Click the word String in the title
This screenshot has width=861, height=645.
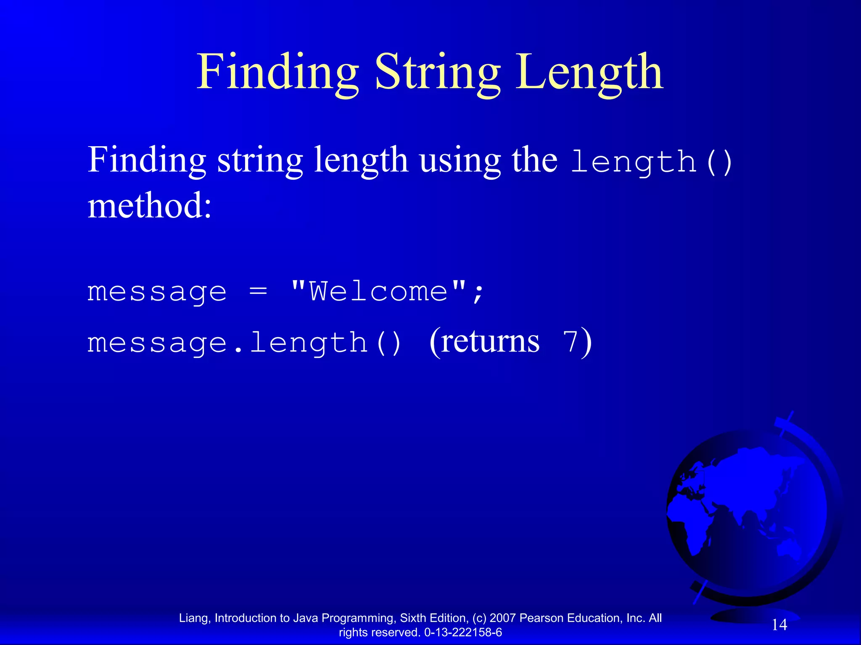click(x=437, y=72)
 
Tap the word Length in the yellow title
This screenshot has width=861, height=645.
click(x=589, y=72)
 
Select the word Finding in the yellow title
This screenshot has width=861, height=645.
click(x=277, y=72)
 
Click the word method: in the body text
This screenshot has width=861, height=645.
click(x=149, y=206)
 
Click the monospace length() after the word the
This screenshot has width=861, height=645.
click(x=652, y=162)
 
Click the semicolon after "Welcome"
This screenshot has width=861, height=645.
click(x=478, y=292)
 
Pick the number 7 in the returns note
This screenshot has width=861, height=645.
click(x=571, y=341)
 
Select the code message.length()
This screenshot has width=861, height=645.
click(x=244, y=343)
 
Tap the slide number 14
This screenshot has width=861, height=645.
click(x=779, y=625)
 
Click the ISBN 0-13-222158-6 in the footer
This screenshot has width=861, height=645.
click(x=463, y=632)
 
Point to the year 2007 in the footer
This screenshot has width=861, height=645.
click(x=503, y=618)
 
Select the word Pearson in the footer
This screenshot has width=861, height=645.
click(x=541, y=618)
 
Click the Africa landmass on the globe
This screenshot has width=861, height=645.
click(x=689, y=529)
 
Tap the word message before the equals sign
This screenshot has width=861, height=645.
click(x=156, y=291)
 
